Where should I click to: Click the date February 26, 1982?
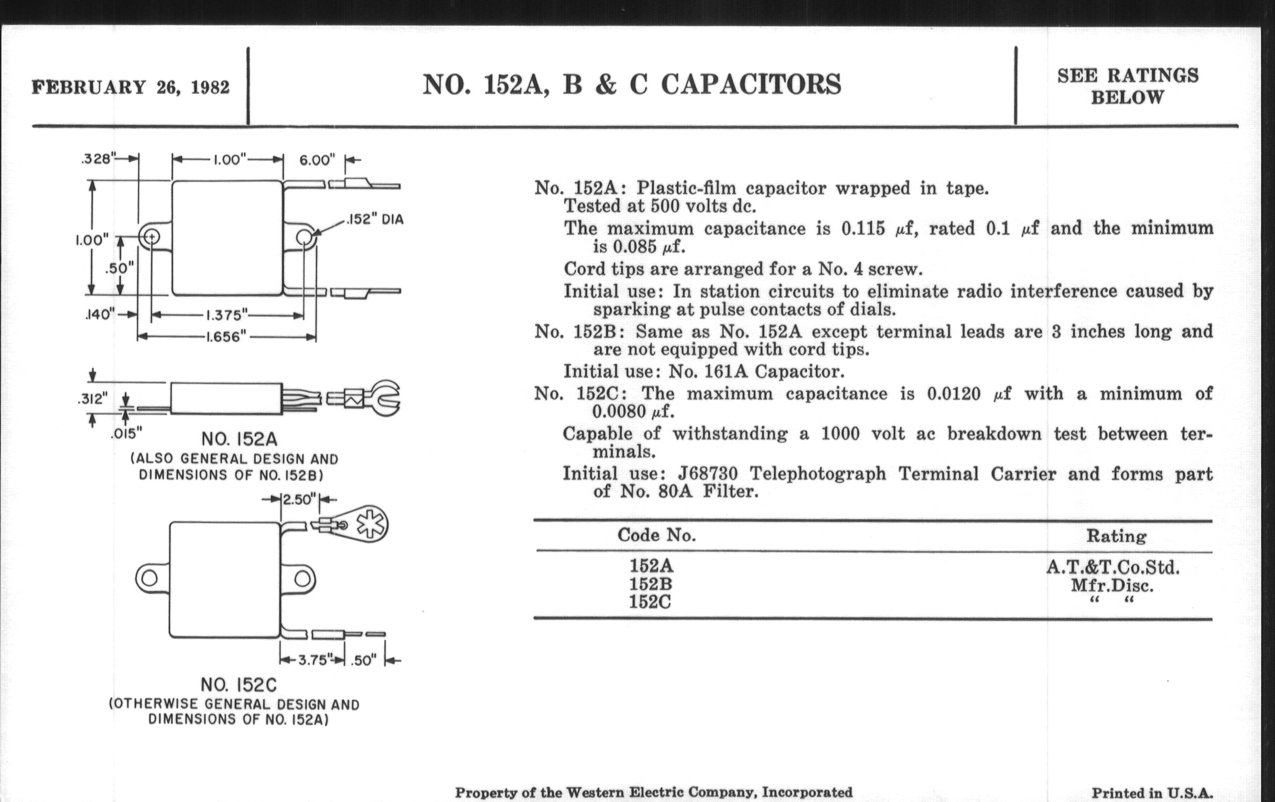(x=131, y=87)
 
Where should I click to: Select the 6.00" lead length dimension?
(x=317, y=159)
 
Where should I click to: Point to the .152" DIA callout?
(x=375, y=219)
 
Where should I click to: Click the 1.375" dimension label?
(x=226, y=316)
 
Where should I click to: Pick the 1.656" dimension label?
(x=226, y=337)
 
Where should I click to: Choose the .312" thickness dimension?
(x=92, y=398)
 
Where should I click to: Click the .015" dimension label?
(x=126, y=434)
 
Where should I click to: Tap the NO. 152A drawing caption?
(x=240, y=439)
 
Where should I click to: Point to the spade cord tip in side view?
(x=384, y=398)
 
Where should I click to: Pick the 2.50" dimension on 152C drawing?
(x=299, y=499)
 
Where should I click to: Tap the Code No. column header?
(x=656, y=535)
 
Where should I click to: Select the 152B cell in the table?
(x=651, y=584)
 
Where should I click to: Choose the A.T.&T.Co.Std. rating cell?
(x=1112, y=568)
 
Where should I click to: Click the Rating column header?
(x=1116, y=536)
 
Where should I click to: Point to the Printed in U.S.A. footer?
(x=1152, y=793)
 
